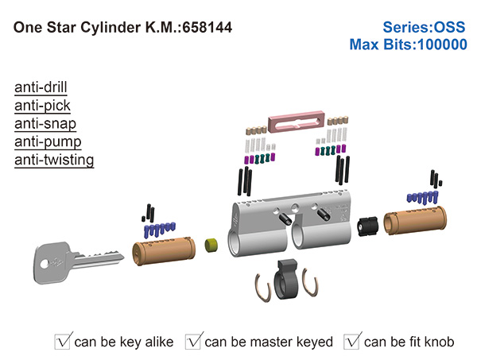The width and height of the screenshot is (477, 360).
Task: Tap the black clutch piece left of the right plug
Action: pyautogui.click(x=366, y=226)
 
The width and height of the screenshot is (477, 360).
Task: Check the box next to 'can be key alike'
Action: pyautogui.click(x=63, y=342)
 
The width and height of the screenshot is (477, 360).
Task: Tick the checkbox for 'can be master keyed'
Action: pyautogui.click(x=193, y=342)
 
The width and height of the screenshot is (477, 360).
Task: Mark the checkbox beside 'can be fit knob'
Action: pyautogui.click(x=352, y=342)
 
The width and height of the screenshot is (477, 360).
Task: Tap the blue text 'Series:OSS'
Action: pyautogui.click(x=427, y=26)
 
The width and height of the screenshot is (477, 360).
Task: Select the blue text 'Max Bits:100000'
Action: pyautogui.click(x=408, y=45)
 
